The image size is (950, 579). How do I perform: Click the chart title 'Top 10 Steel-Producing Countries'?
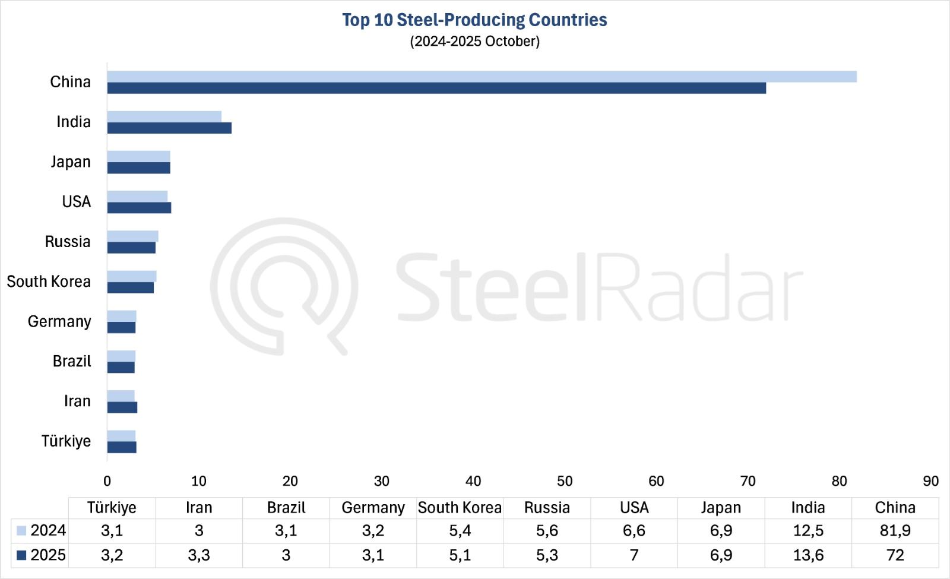coord(474,20)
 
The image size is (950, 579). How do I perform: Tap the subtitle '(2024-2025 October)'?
coord(474,42)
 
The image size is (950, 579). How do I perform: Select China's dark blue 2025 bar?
coord(436,88)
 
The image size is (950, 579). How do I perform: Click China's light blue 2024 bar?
coord(482,77)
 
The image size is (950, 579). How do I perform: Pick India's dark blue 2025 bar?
coord(169,128)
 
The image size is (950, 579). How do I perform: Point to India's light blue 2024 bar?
coord(164,116)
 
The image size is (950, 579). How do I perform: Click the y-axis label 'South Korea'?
coord(49,281)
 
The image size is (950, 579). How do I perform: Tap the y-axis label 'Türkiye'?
coord(66,441)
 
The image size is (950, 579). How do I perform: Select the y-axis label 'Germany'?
coord(59,321)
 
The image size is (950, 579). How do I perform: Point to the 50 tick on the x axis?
coord(565,481)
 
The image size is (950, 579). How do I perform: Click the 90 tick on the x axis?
coord(930,481)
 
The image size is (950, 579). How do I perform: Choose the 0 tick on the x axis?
coord(107,481)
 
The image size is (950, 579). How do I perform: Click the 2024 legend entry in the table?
coord(41,530)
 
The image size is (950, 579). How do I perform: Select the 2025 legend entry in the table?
coord(41,555)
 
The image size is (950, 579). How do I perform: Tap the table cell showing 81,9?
coord(895,530)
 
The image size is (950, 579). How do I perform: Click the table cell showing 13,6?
coord(808,555)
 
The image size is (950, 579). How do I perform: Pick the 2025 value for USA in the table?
coord(634,555)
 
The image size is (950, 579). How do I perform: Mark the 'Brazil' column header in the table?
coord(286,508)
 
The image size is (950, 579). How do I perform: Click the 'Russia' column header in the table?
coord(547,508)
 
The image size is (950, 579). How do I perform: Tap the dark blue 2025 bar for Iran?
coord(122,407)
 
